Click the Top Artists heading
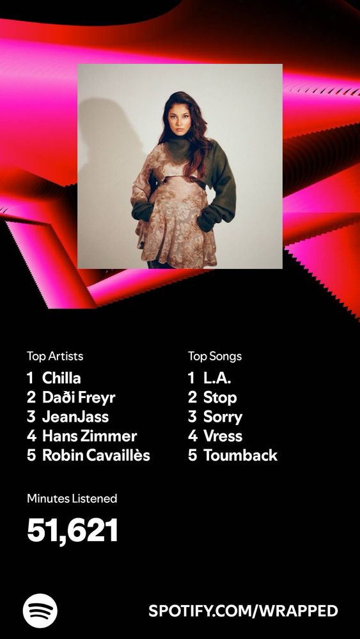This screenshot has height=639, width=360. coord(55,356)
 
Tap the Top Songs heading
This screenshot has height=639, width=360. coord(215,356)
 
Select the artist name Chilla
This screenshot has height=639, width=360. coord(61,378)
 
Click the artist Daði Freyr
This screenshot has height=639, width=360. coord(79,397)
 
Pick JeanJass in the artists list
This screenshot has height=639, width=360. coord(75,417)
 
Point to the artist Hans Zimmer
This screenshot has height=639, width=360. coord(90,436)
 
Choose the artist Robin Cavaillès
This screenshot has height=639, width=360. coord(96,455)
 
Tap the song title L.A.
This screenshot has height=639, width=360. coord(217,378)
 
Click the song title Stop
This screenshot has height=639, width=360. coord(220,397)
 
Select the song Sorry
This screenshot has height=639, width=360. coord(223,417)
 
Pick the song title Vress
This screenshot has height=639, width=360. coord(223,436)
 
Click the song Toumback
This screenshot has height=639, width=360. coord(240,455)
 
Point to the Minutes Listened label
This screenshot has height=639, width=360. coord(72,498)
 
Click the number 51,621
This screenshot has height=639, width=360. coord(73,530)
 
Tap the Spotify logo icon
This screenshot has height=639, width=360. coord(40,611)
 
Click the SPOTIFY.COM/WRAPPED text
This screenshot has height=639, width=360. coord(243,611)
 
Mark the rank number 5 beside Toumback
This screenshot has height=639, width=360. coord(192,455)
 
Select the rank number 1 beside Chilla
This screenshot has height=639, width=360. coord(30,378)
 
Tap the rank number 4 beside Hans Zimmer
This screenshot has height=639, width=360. coord(31,436)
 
